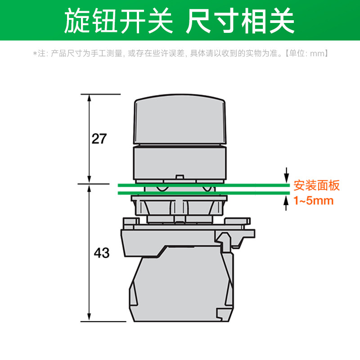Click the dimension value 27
point(99,139)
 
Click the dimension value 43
point(102,253)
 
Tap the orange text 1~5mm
point(314,201)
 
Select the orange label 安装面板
point(317,185)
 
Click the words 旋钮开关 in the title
point(118,20)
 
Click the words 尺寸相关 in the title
point(240,20)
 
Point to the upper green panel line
point(202,185)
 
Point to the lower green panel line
point(202,193)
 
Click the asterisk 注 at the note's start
point(40,53)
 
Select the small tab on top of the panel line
point(180,177)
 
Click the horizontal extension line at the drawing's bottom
point(103,321)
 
